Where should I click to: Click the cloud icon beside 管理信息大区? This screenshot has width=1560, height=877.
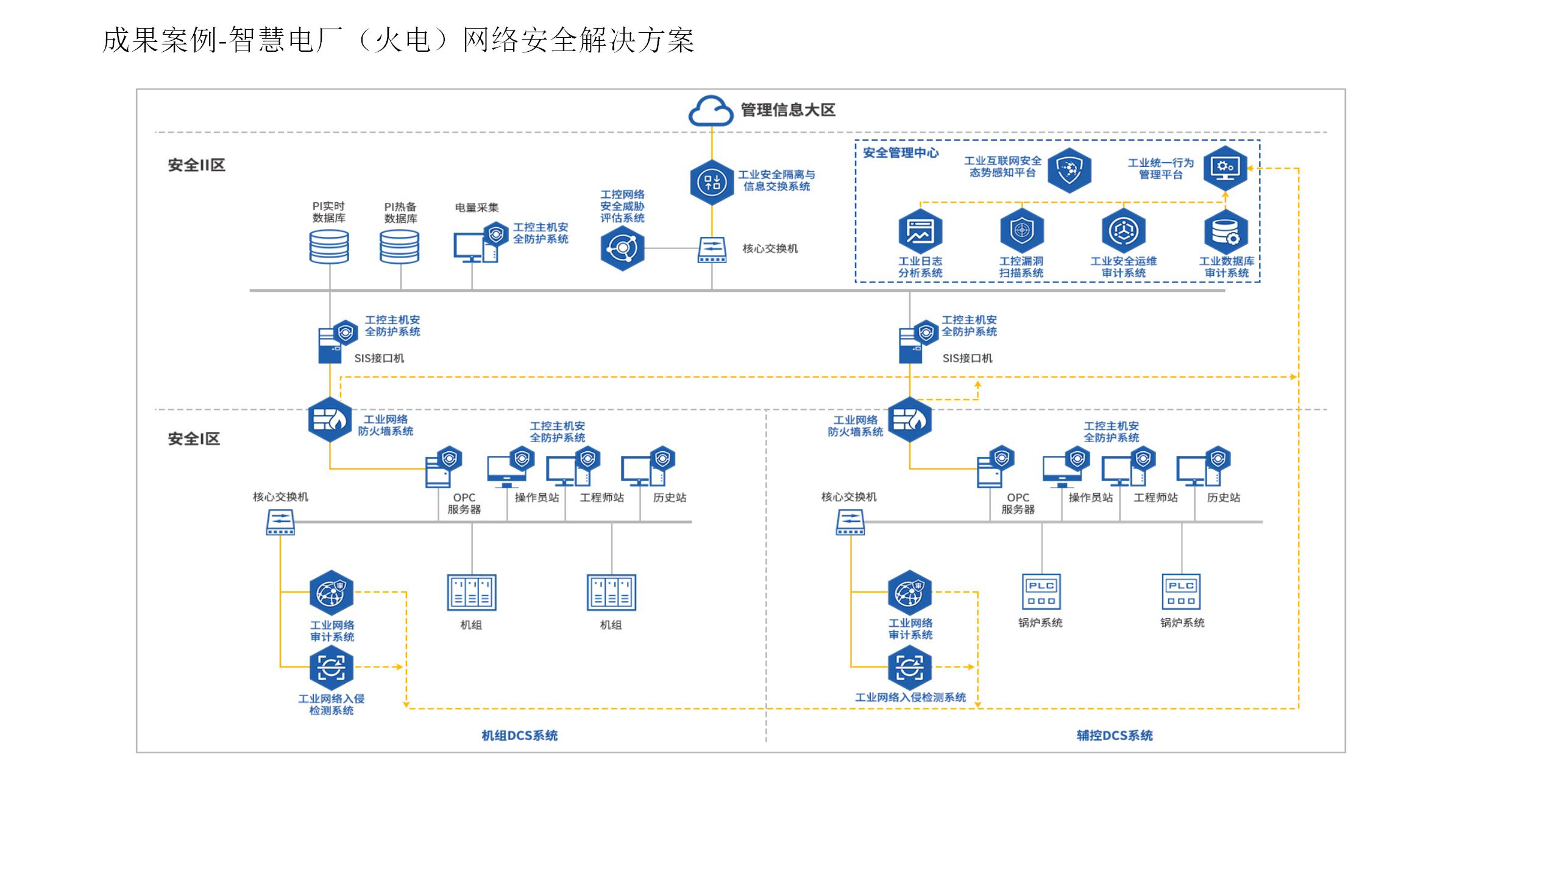[711, 111]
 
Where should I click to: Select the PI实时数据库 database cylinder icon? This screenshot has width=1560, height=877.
[329, 247]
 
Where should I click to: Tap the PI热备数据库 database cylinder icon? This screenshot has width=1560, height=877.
[400, 247]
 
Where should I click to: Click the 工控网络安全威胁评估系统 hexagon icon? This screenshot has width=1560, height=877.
[622, 248]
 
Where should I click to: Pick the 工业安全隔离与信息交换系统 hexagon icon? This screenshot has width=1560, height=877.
[711, 181]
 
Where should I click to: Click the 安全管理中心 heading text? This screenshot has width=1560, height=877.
[901, 153]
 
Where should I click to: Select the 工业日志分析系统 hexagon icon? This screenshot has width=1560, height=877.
[920, 231]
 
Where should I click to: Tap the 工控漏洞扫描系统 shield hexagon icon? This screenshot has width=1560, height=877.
[1022, 231]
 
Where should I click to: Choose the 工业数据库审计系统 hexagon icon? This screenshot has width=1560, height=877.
[1225, 231]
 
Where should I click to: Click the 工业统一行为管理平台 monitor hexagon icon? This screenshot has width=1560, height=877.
[1225, 167]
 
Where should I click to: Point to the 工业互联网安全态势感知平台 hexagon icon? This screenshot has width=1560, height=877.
[1069, 169]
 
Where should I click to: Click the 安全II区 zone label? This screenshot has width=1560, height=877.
[196, 165]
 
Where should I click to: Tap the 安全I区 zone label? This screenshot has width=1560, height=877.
[193, 438]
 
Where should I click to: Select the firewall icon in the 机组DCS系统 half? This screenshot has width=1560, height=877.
[330, 419]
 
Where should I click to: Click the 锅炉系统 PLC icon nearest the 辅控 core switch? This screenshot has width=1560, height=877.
[1041, 591]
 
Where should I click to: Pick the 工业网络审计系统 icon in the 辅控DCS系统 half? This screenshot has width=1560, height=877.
[910, 592]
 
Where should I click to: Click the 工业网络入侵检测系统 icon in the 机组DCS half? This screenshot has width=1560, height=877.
[331, 667]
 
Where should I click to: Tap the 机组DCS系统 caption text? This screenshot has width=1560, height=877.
[519, 735]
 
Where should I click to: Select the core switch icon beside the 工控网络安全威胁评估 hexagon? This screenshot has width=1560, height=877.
[712, 250]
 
